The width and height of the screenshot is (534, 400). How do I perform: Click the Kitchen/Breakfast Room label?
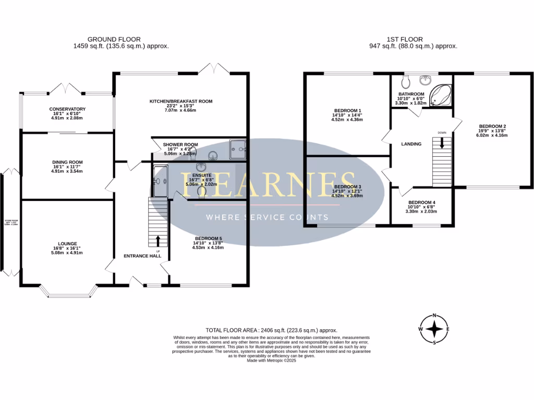point(181,101)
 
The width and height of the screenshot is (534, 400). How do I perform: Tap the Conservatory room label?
point(67,109)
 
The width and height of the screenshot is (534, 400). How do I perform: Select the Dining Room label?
point(67,161)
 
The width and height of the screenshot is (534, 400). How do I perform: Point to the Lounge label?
point(67,243)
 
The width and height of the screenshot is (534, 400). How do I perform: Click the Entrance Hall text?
point(142,256)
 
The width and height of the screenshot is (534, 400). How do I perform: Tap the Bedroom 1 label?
point(347,110)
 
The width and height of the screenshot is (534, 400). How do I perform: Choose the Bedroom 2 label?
point(493,126)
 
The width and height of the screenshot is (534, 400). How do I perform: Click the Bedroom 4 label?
point(422,202)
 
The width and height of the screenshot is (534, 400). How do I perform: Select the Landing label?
point(411,144)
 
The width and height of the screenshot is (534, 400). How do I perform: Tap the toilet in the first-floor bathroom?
point(406,82)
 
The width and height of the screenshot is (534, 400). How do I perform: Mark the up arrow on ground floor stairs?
point(157,240)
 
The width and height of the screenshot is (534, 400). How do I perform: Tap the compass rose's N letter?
point(434,316)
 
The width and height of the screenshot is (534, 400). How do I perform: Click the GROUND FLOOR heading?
point(114,39)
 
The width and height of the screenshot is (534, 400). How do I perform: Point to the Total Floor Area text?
point(271,330)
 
